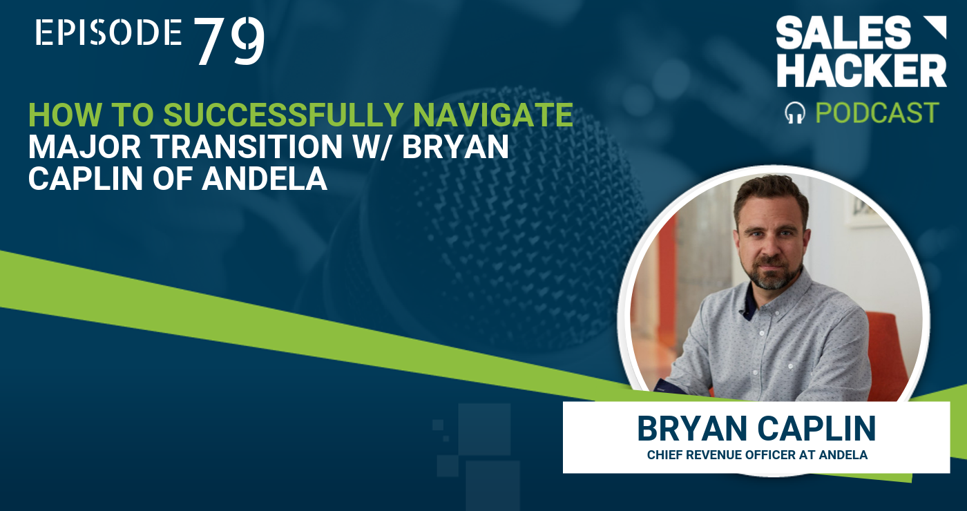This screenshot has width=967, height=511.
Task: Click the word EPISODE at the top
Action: click(x=108, y=32)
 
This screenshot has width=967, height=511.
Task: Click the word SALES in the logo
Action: click(x=843, y=33)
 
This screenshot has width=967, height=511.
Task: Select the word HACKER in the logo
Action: click(x=862, y=70)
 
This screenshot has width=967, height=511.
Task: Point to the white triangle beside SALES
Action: click(x=937, y=26)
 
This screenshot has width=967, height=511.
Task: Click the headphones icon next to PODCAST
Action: click(x=795, y=113)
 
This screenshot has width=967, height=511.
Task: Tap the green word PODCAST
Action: click(x=877, y=113)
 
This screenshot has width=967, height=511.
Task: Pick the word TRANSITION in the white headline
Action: click(x=248, y=146)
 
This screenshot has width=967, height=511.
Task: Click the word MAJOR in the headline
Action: click(x=84, y=146)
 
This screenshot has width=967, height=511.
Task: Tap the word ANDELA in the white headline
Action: click(x=265, y=179)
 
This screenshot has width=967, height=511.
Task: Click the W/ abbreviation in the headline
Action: click(x=372, y=146)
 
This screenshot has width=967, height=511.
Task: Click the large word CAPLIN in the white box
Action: click(x=816, y=429)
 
